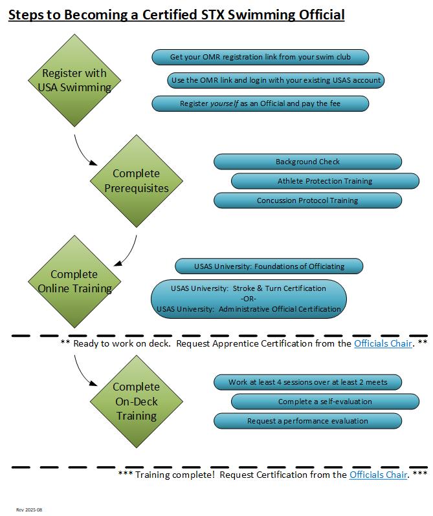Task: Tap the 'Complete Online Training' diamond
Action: (73, 281)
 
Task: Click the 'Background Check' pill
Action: (307, 162)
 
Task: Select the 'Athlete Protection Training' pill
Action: (324, 181)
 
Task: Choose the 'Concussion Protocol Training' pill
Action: (307, 200)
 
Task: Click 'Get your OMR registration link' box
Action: (260, 58)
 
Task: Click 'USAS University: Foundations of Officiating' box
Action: (269, 266)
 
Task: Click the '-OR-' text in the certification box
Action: (249, 299)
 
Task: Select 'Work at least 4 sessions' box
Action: (307, 382)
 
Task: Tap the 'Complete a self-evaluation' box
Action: (324, 402)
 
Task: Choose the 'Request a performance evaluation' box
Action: (307, 421)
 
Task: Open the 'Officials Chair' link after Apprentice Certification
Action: (383, 343)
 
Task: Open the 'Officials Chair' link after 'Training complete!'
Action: (378, 475)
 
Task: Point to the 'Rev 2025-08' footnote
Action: (29, 510)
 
